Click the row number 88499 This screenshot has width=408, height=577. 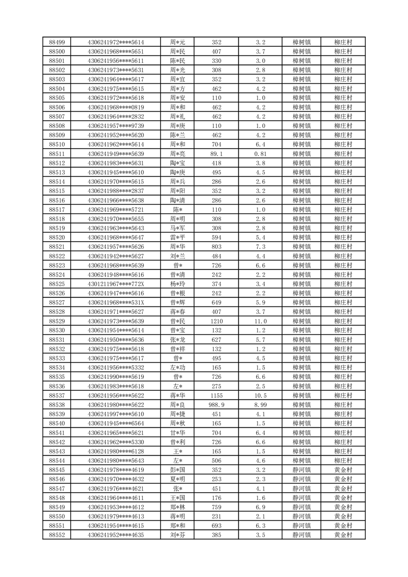point(57,42)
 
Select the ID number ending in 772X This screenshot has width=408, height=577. point(116,284)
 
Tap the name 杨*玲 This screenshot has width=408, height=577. point(178,284)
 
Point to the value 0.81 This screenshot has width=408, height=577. point(260,154)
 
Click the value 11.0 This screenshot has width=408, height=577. point(260,321)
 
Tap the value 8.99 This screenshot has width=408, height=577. point(260,405)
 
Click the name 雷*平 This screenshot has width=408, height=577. point(178,238)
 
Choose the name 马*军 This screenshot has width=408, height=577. point(178,228)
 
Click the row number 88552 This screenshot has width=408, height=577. point(57,535)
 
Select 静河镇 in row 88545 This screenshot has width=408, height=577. point(302,470)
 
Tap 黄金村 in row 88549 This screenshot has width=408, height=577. point(343,507)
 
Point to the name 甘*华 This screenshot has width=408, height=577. point(178,432)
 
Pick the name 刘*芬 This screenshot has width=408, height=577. point(178,535)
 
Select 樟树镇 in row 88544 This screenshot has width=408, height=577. point(302,460)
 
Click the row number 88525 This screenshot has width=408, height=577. point(57,284)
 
